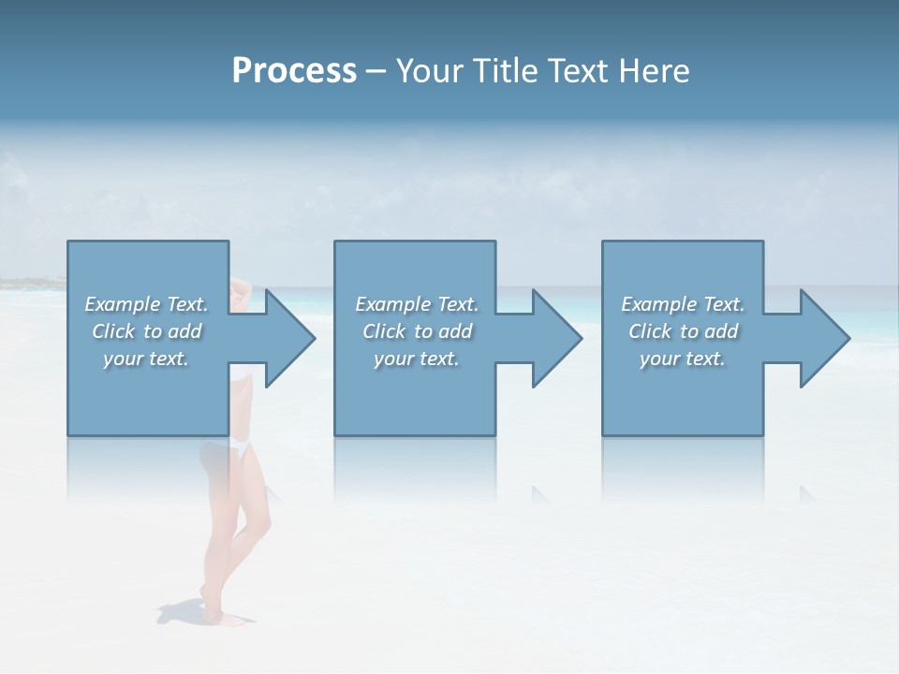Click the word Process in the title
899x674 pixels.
pyautogui.click(x=294, y=71)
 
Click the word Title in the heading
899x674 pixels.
pyautogui.click(x=501, y=71)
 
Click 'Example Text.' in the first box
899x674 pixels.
pyautogui.click(x=146, y=304)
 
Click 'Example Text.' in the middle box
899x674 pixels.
pyautogui.click(x=417, y=304)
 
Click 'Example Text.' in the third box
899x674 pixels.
pyautogui.click(x=683, y=304)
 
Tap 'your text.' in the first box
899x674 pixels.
pyautogui.click(x=146, y=359)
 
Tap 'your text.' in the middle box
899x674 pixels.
pyautogui.click(x=417, y=359)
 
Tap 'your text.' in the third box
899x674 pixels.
pyautogui.click(x=683, y=359)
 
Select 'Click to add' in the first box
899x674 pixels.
pyautogui.click(x=146, y=331)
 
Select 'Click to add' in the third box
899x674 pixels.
pyautogui.click(x=683, y=331)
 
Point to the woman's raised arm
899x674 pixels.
pyautogui.click(x=242, y=290)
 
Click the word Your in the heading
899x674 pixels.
pyautogui.click(x=430, y=71)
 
